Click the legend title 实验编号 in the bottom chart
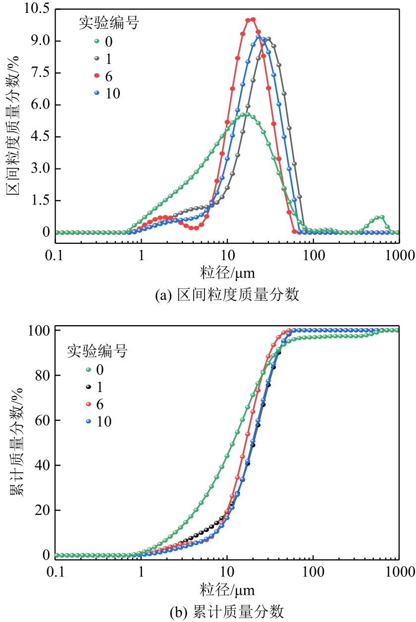[97, 351]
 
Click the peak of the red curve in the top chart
[251, 19]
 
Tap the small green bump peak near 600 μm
[380, 217]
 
